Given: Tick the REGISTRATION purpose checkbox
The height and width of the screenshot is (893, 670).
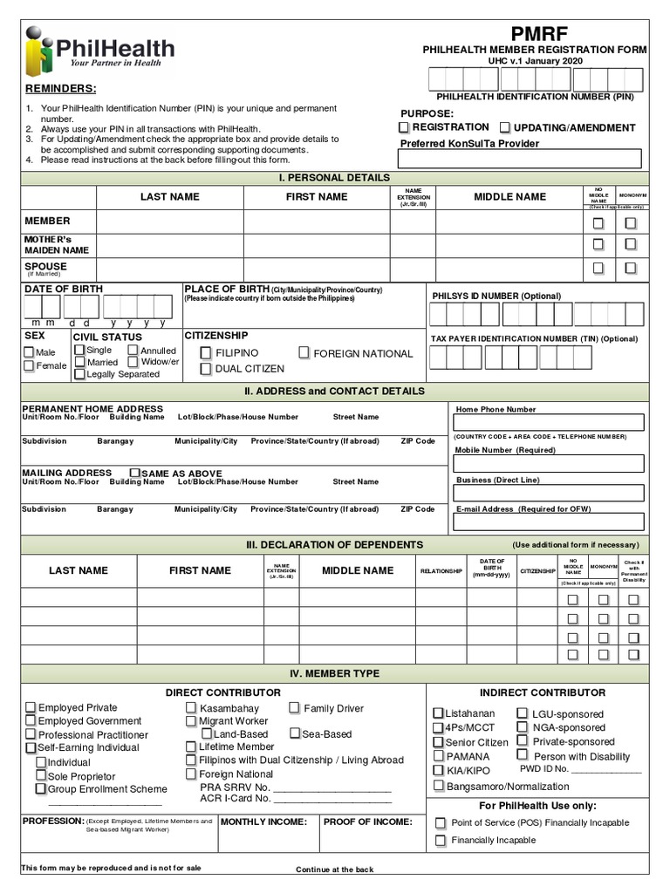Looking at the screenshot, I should (x=404, y=128).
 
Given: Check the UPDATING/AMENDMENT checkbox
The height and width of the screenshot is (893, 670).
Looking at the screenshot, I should (x=504, y=128).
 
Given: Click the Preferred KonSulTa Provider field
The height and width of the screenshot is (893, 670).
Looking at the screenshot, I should (x=520, y=159).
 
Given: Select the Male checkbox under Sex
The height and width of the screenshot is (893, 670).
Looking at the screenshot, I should (x=29, y=353).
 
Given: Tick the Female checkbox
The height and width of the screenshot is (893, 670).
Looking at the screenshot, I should (x=29, y=366).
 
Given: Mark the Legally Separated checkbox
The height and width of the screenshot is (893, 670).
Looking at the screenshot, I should (x=79, y=374).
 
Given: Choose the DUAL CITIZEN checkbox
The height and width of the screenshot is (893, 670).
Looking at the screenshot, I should (x=206, y=369).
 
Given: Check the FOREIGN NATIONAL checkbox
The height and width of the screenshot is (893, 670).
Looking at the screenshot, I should (x=304, y=353).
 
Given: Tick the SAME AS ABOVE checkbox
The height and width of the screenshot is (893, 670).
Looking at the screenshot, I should (x=135, y=473).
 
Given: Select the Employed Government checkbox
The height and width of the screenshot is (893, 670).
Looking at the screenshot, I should (x=31, y=721).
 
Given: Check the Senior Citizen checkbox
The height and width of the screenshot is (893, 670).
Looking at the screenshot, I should (x=438, y=742).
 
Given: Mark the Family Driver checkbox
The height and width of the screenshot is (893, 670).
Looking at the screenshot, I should (x=294, y=708).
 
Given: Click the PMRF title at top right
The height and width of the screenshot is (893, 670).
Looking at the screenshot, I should (x=540, y=33).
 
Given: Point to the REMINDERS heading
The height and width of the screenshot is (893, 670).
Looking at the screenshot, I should (x=60, y=89).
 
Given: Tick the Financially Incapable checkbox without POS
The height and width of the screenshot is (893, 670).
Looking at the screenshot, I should (x=441, y=841).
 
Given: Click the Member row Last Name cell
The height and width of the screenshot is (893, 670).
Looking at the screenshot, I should (x=169, y=222).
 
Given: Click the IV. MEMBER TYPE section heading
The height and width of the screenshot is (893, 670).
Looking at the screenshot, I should (x=334, y=674).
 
